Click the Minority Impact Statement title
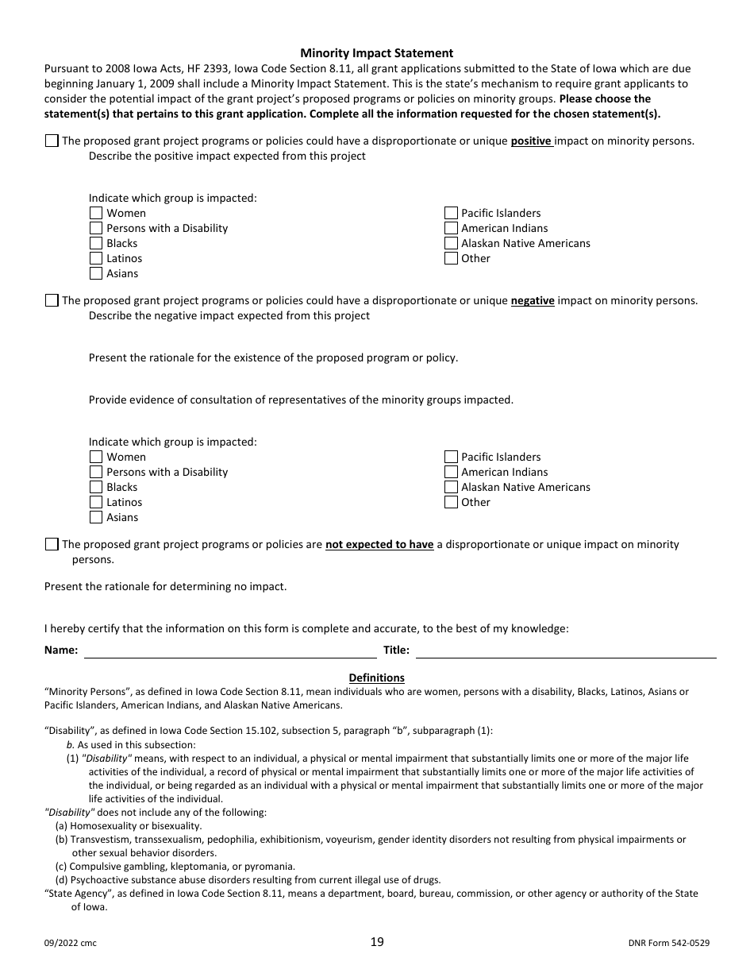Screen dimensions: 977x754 (x=376, y=53)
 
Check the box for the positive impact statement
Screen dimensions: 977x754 (x=52, y=141)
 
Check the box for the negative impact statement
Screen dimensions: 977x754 (x=52, y=301)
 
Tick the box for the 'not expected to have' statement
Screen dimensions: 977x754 (x=52, y=545)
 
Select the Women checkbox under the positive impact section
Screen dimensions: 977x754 (x=96, y=213)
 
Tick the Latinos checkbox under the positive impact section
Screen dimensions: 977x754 (x=96, y=258)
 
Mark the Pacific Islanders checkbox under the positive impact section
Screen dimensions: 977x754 (x=451, y=213)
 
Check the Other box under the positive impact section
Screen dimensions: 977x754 (x=451, y=258)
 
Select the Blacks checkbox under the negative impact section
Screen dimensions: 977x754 (x=96, y=487)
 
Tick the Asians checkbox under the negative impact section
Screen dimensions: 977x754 (x=96, y=517)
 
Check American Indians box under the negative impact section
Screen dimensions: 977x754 (x=451, y=472)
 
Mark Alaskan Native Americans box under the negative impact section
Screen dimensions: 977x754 (x=451, y=487)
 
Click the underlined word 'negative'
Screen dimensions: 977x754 (x=532, y=301)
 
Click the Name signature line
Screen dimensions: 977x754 (x=230, y=651)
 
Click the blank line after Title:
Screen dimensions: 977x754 (x=565, y=651)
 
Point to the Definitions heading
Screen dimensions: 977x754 (x=376, y=678)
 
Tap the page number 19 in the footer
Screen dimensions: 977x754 (x=376, y=942)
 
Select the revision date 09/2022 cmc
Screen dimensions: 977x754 (x=71, y=943)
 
